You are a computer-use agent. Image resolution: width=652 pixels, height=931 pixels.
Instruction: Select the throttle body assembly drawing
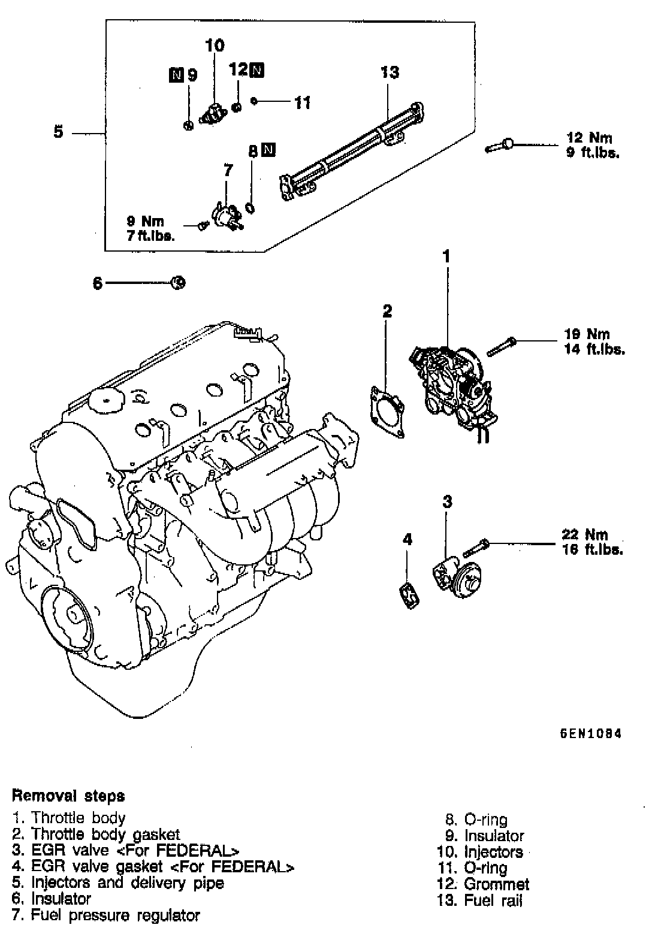click(454, 383)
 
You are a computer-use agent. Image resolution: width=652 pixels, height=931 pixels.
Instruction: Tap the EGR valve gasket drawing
click(409, 595)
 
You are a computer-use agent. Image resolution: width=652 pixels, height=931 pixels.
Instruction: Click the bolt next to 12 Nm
click(499, 145)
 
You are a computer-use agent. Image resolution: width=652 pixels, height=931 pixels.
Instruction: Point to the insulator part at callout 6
click(179, 283)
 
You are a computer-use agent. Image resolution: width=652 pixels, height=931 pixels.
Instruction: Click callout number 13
click(390, 72)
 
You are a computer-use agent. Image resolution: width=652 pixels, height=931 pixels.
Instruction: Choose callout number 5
click(58, 131)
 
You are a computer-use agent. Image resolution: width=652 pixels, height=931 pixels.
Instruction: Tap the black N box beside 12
click(256, 69)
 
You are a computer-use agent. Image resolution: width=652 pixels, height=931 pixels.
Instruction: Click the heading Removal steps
click(68, 796)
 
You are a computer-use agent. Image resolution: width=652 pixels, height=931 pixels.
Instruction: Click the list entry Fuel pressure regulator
click(105, 915)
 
